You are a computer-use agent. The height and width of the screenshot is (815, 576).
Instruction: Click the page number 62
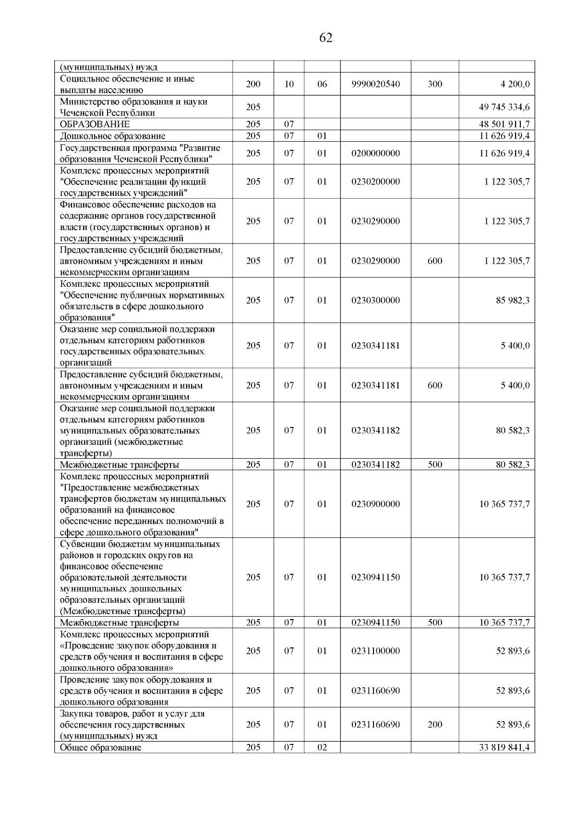[x=325, y=38]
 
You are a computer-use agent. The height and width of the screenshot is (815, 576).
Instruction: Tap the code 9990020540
[x=375, y=84]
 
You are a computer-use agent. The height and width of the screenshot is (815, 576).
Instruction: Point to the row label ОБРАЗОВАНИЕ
[x=95, y=124]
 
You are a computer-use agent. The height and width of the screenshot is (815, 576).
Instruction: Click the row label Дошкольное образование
[x=112, y=136]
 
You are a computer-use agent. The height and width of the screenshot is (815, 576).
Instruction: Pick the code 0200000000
[x=375, y=153]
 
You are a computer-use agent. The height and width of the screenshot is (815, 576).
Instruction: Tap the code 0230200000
[x=375, y=182]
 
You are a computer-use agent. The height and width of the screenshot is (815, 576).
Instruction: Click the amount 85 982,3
[x=513, y=300]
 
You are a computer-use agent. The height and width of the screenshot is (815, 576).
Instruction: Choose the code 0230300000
[x=375, y=300]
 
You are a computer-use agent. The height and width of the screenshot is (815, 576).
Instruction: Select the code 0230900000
[x=375, y=504]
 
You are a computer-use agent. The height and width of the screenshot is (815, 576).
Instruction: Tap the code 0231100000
[x=375, y=651]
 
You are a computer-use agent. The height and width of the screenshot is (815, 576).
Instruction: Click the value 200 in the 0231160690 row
[x=435, y=724]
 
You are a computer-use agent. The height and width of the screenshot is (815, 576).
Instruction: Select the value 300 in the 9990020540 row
[x=435, y=84]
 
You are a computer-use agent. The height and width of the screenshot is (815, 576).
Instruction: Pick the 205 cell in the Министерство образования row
[x=253, y=107]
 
